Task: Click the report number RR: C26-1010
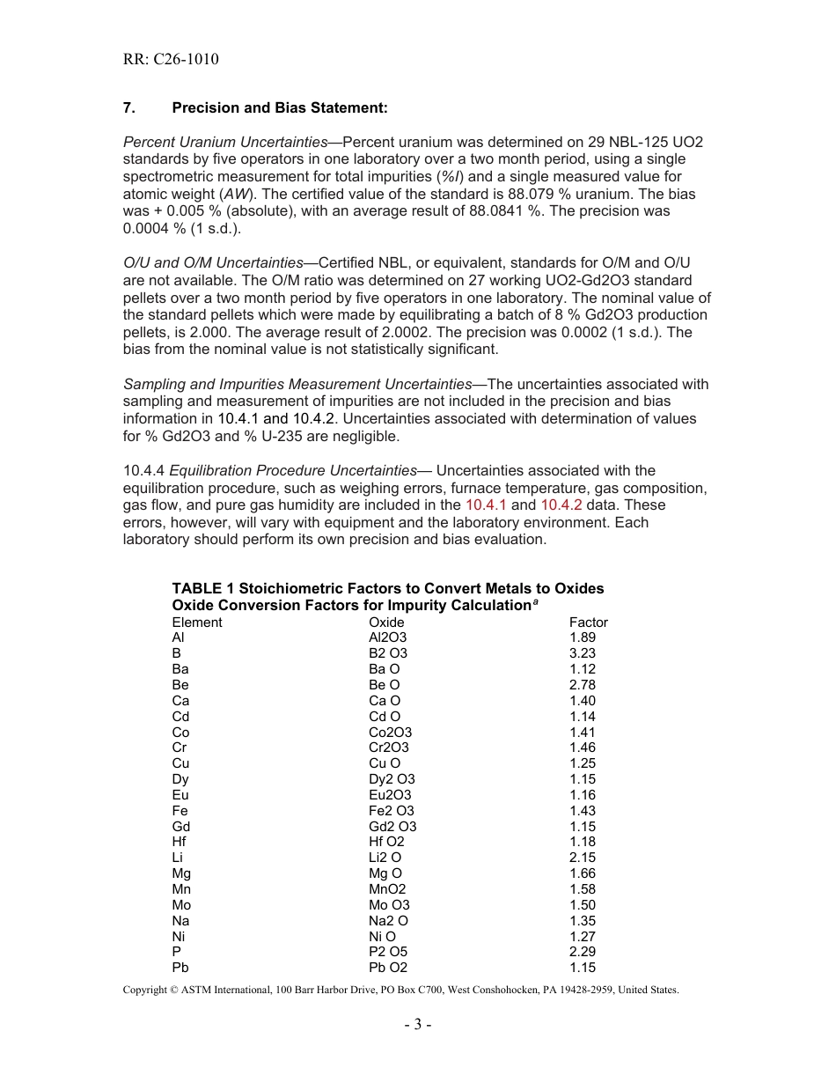[171, 60]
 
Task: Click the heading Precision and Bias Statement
[279, 107]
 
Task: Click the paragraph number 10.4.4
[144, 471]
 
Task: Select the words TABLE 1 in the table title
[203, 588]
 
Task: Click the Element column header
[197, 623]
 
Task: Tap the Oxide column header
[386, 623]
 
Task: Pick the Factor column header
[588, 623]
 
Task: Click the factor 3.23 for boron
[582, 653]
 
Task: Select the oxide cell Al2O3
[388, 637]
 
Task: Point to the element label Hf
[179, 842]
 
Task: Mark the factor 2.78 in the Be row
[582, 685]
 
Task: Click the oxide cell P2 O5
[388, 952]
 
